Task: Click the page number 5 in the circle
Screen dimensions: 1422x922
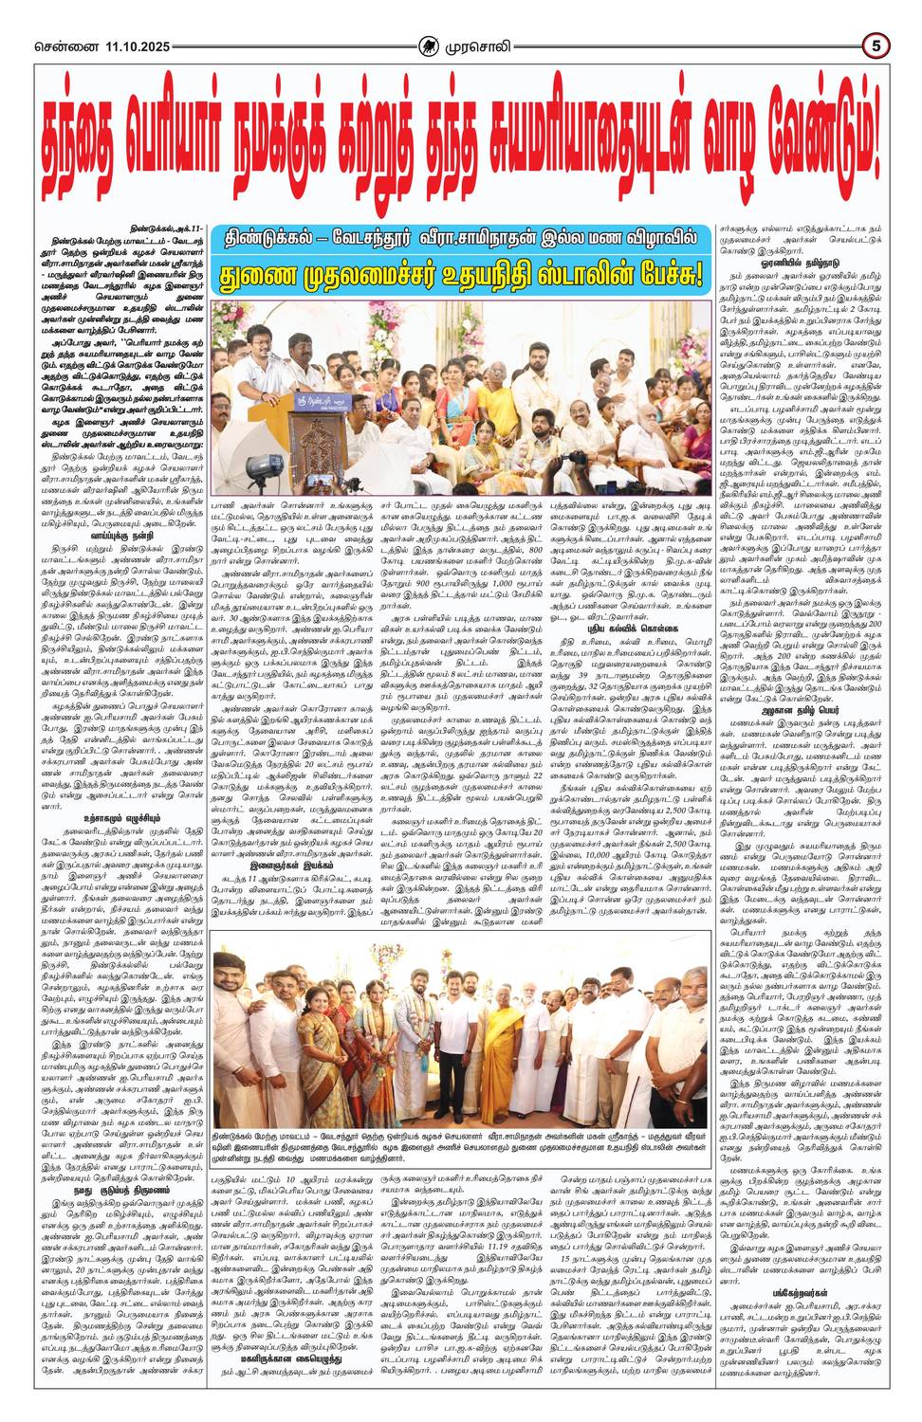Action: (877, 45)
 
